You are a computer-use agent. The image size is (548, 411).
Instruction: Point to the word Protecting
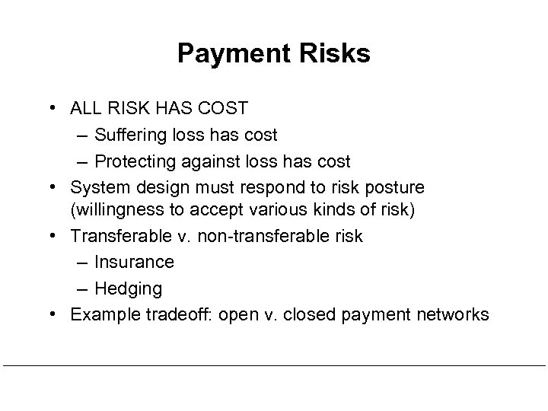[x=135, y=161]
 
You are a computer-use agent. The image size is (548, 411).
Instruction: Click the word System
[x=97, y=187]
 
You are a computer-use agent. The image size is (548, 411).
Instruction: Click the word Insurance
[x=135, y=263]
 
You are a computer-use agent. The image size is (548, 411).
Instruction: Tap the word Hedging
[x=129, y=289]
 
